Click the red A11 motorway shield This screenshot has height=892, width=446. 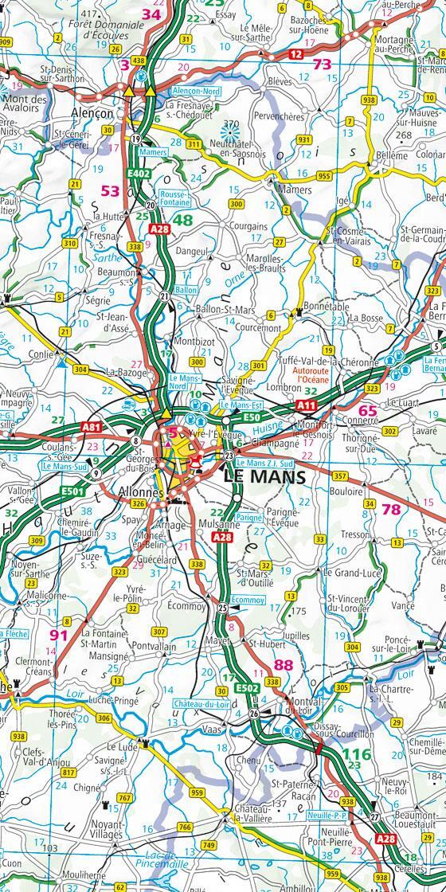pyautogui.click(x=307, y=405)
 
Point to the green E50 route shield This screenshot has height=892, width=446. pyautogui.click(x=252, y=417)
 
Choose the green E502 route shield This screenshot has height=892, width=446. pyautogui.click(x=246, y=687)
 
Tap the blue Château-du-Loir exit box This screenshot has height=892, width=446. pyautogui.click(x=203, y=702)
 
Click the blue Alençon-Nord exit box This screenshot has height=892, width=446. pyautogui.click(x=195, y=92)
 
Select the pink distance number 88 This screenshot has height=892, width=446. pyautogui.click(x=283, y=664)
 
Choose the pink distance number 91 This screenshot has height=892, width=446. pyautogui.click(x=59, y=635)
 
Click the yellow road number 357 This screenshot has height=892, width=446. pyautogui.click(x=339, y=476)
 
